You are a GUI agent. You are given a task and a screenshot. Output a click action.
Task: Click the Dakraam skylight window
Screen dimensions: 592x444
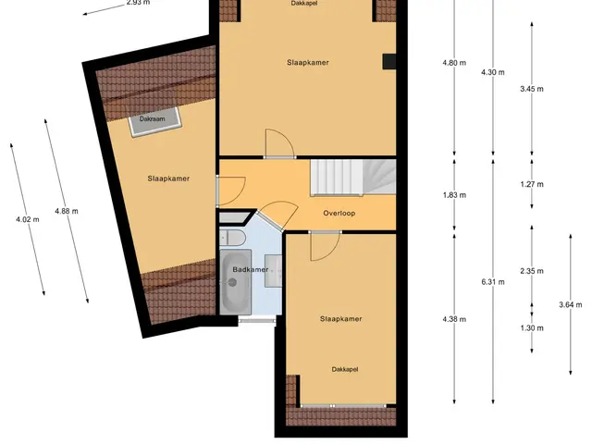[154, 121]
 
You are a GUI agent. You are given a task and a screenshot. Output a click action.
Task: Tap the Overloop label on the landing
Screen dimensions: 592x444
[339, 214]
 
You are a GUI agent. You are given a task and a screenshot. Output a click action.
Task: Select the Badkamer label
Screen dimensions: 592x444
[251, 269]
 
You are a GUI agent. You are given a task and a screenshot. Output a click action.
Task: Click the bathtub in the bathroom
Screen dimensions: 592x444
[236, 281]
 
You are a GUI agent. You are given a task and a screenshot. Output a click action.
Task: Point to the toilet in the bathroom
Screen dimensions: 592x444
[232, 238]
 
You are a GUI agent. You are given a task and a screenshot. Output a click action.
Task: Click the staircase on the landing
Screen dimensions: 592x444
[353, 177]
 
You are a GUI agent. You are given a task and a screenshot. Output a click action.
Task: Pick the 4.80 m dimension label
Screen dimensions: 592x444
[454, 63]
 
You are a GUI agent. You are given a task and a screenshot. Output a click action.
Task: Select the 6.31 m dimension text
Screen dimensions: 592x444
[493, 282]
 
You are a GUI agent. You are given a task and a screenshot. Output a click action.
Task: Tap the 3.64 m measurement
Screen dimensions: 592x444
[570, 304]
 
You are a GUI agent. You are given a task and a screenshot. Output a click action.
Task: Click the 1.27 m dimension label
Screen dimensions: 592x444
[532, 184]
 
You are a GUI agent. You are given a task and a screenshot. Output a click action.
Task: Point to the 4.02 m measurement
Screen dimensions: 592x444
[27, 219]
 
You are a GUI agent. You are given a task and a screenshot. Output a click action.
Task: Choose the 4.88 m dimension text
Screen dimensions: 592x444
[67, 212]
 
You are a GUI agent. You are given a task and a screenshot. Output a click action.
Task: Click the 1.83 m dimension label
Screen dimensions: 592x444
[454, 195]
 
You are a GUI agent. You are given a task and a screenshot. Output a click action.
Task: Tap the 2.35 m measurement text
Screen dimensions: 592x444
[532, 271]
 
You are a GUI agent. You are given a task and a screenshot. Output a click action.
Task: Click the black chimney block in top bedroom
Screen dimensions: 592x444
[389, 62]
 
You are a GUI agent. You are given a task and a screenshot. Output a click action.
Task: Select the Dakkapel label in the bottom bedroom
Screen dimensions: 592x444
[345, 369]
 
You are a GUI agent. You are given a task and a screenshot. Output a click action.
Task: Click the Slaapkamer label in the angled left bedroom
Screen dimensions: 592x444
[168, 179]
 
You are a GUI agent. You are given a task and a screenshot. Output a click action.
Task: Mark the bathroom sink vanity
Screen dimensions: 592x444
[273, 270]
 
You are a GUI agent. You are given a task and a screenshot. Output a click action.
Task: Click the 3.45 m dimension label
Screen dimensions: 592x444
[532, 89]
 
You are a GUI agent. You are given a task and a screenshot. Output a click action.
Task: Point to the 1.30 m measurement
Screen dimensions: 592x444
[532, 328]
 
